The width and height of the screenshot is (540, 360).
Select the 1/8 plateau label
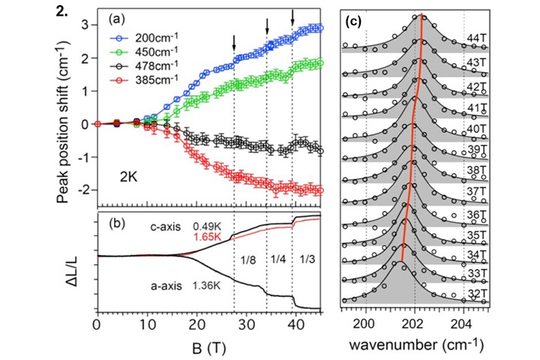248,261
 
